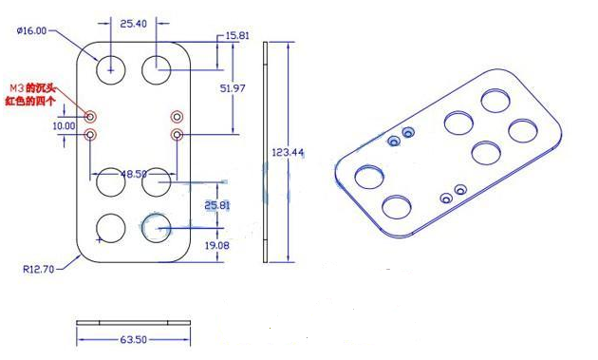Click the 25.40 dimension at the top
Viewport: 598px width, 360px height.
133,24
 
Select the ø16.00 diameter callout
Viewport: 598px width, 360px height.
31,30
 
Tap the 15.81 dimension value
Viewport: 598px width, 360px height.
237,35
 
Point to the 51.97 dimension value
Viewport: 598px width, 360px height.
233,88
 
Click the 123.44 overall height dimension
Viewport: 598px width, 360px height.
288,153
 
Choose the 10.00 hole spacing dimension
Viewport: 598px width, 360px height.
64,125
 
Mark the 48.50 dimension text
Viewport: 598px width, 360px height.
134,174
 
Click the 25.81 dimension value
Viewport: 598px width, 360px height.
217,205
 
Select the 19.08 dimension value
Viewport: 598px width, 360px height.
217,245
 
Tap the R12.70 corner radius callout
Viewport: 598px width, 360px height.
39,269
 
